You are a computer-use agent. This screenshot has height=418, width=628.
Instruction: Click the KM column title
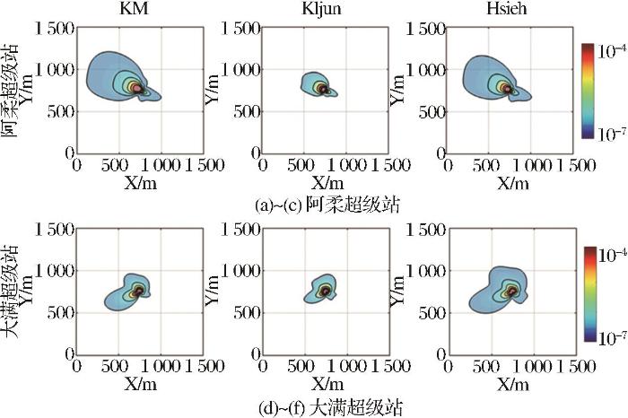(x=135, y=9)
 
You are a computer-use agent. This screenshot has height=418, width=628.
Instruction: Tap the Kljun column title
(x=321, y=9)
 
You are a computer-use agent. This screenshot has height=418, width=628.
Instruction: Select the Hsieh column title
(x=507, y=9)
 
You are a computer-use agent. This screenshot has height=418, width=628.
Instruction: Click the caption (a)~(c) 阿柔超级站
(x=327, y=205)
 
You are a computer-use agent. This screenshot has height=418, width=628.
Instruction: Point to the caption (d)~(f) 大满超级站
(x=330, y=408)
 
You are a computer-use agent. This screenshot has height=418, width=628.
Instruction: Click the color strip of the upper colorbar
(x=589, y=91)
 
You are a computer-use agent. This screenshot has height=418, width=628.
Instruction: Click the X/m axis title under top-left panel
(x=140, y=183)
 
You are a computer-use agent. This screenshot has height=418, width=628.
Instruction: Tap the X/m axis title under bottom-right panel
(x=513, y=385)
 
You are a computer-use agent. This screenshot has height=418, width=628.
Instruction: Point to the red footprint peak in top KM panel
(x=137, y=88)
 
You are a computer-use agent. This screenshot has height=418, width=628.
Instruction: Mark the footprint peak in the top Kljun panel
(x=324, y=90)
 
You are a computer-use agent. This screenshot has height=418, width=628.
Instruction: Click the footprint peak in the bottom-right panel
(x=512, y=292)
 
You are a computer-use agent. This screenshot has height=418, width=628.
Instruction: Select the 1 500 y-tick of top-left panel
(x=55, y=28)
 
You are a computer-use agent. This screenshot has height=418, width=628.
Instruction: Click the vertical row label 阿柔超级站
(x=10, y=91)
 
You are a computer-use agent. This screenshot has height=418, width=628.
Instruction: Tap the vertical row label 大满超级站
(x=10, y=292)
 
